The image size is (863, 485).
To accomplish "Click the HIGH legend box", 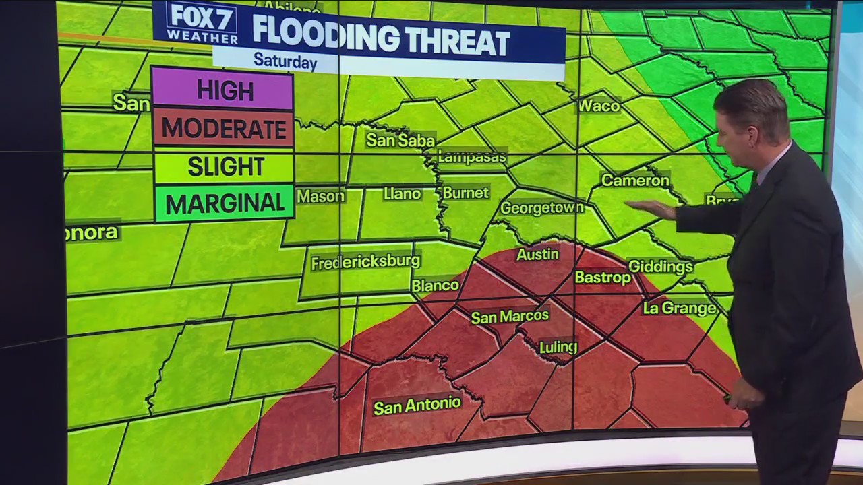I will click(222, 90).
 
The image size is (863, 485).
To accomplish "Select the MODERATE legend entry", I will click(222, 128).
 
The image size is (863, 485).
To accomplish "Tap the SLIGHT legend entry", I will click(225, 166).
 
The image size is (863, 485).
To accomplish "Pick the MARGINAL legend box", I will click(225, 203).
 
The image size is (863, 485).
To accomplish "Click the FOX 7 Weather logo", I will click(202, 22).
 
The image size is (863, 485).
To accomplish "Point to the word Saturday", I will click(285, 61).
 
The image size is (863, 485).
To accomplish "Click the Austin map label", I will click(537, 254).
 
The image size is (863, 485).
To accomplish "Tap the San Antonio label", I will click(417, 406).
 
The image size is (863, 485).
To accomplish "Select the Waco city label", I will click(599, 106).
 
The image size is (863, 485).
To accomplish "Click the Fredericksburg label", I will click(365, 261).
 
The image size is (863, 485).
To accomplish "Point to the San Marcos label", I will click(510, 316).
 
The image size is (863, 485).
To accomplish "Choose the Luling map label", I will click(558, 347).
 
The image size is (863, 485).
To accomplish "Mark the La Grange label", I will click(679, 309).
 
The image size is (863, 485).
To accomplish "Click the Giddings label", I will click(660, 267).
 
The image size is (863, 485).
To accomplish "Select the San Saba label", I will click(400, 140).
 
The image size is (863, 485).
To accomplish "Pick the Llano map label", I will click(402, 194).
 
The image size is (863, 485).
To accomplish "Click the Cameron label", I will click(634, 181).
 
